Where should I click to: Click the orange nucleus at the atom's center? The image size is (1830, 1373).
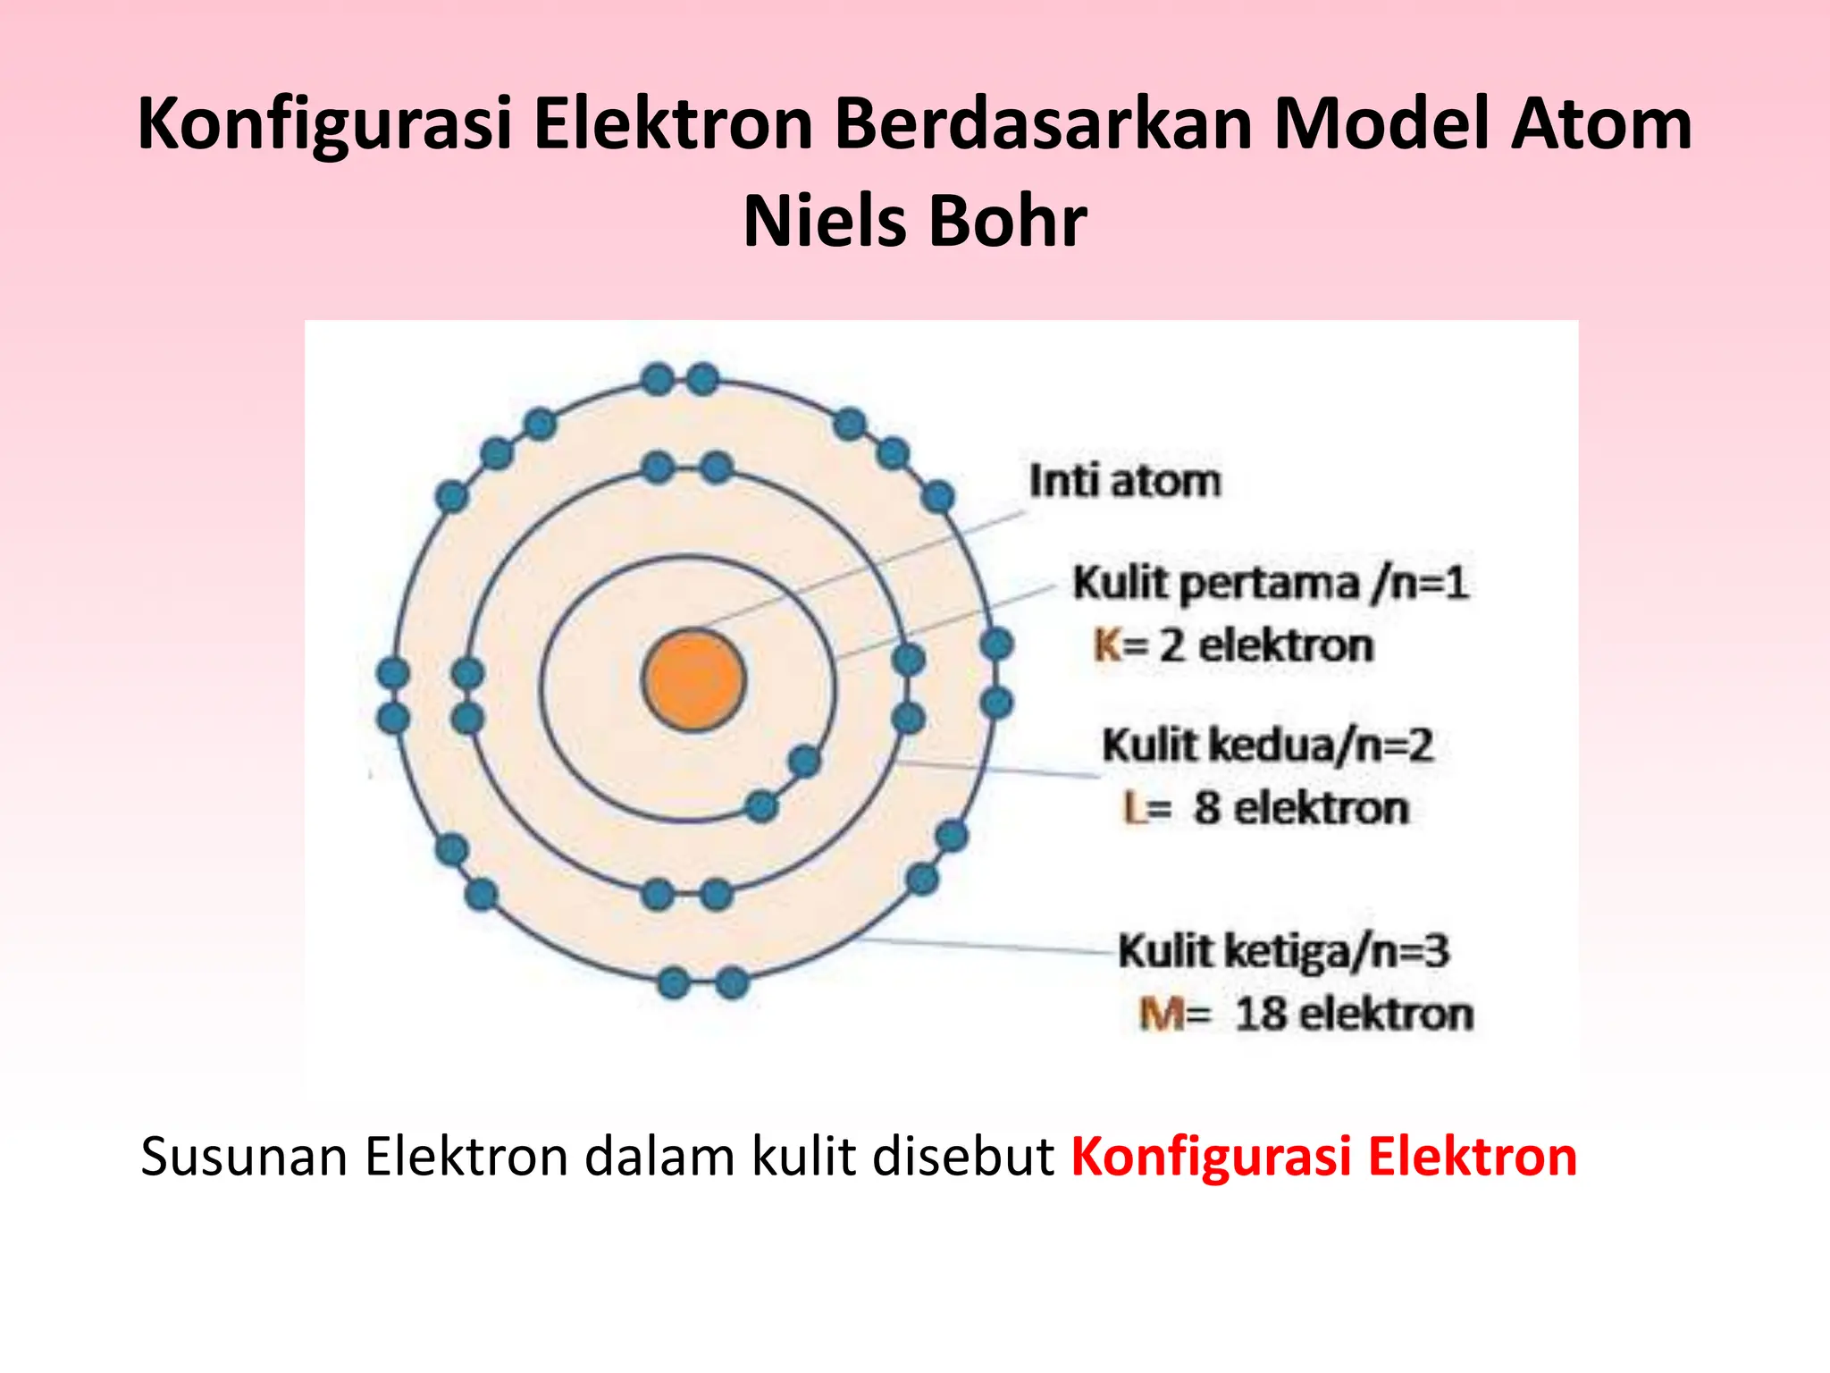click(x=693, y=680)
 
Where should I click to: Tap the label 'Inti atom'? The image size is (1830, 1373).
click(x=1124, y=481)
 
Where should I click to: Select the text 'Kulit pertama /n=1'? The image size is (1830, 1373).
click(x=1270, y=584)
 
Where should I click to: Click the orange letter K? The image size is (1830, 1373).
click(x=1107, y=645)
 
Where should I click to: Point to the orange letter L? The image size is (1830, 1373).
click(x=1134, y=809)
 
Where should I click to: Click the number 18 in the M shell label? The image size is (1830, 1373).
click(x=1262, y=1015)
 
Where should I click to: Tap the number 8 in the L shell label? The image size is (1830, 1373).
click(x=1207, y=808)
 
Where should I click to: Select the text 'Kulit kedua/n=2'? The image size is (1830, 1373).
click(x=1267, y=745)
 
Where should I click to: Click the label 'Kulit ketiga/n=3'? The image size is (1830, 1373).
click(x=1283, y=951)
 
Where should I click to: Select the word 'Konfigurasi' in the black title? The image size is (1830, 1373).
click(x=325, y=124)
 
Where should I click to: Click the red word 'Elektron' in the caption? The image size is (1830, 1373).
click(x=1473, y=1157)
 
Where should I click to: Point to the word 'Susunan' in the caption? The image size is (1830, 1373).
click(x=244, y=1157)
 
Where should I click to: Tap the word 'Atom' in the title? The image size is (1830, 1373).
click(x=1601, y=124)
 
